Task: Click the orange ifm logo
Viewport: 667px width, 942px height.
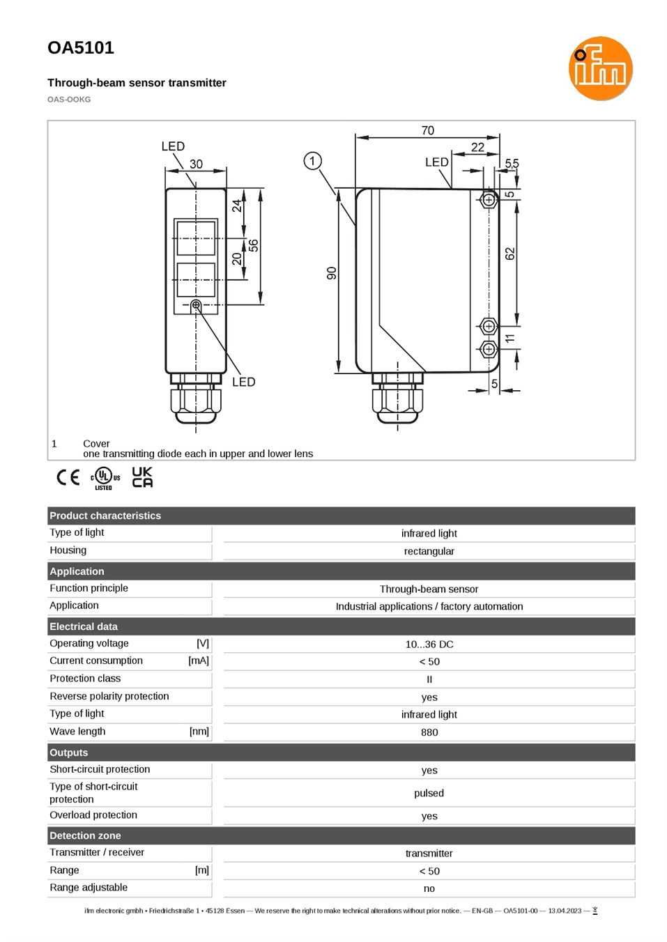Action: (x=600, y=68)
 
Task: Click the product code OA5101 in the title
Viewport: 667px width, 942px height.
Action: (x=81, y=48)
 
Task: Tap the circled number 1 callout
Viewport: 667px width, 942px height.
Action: (x=312, y=161)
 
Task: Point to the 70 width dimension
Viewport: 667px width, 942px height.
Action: (x=427, y=130)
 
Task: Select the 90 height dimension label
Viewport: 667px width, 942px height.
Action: (x=332, y=273)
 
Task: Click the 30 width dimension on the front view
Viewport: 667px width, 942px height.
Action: (x=196, y=164)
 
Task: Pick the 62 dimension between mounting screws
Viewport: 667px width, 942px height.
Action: (x=509, y=254)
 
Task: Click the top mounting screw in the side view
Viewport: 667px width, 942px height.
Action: (x=489, y=199)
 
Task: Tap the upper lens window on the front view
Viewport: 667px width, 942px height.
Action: (x=196, y=238)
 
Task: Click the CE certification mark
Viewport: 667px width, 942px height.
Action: (x=68, y=477)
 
